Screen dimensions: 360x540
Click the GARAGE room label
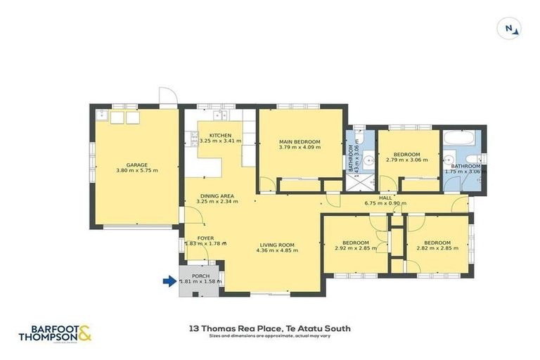pos(136,165)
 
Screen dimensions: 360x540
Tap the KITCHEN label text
pos(220,135)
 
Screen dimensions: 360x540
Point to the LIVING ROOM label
pos(275,245)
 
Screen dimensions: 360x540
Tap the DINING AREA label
pos(216,196)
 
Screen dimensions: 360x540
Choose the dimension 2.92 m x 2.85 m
pos(355,248)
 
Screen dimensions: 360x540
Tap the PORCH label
pos(200,275)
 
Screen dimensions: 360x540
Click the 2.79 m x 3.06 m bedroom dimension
pos(406,160)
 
